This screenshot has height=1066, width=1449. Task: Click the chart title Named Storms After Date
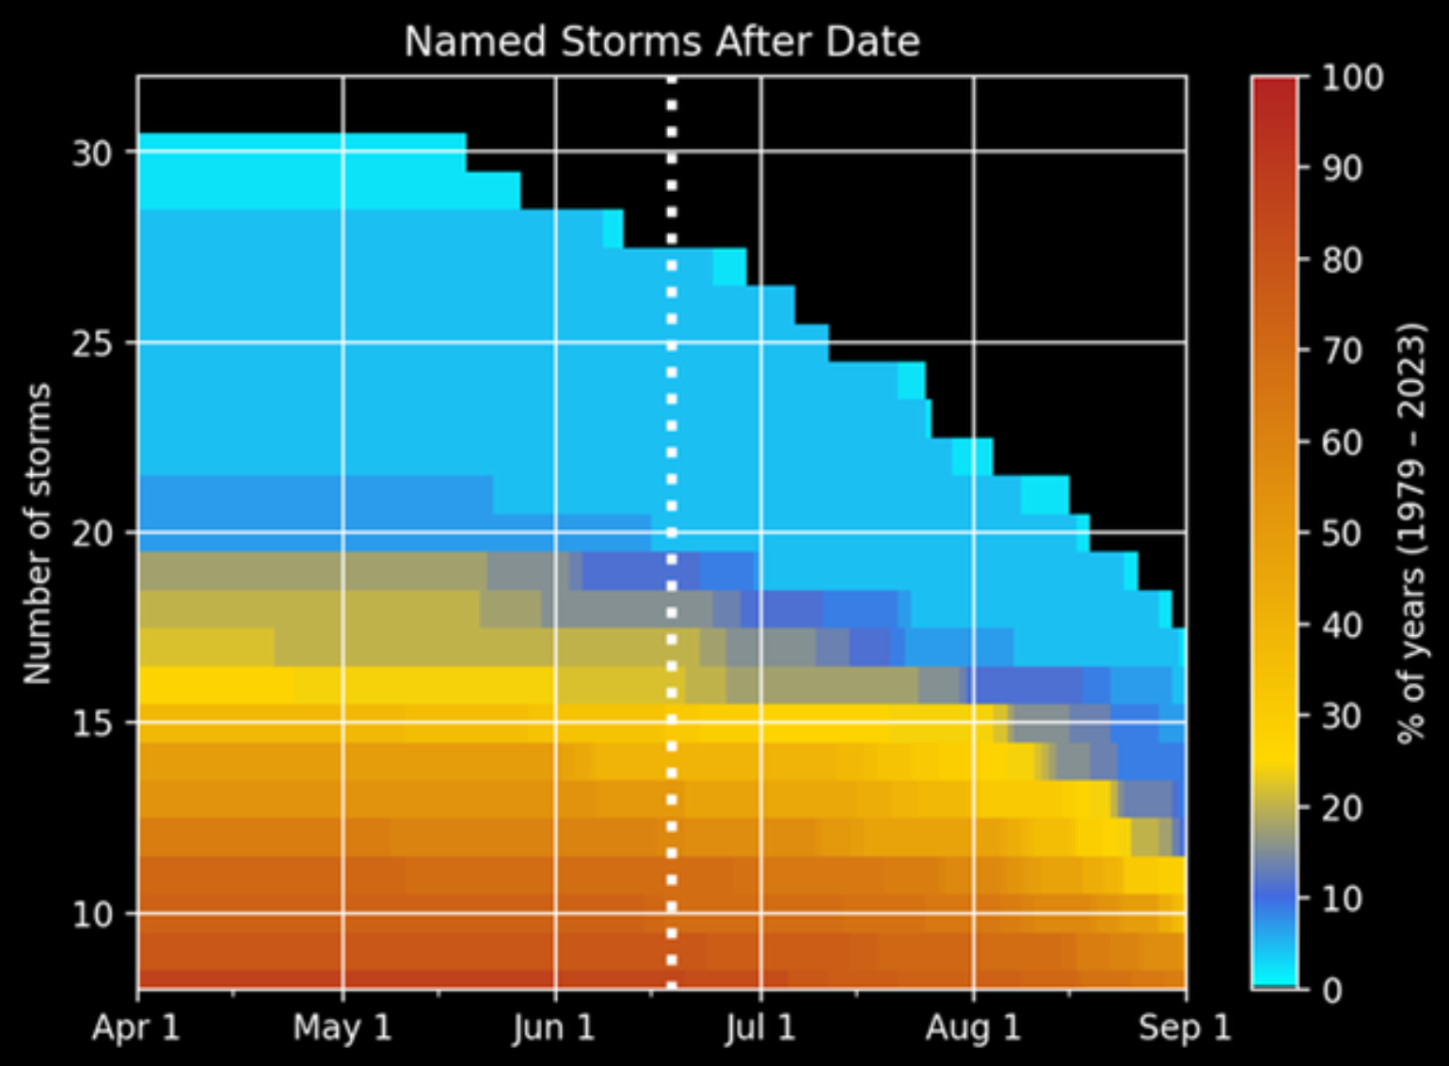click(661, 42)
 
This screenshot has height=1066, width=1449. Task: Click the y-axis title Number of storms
click(37, 533)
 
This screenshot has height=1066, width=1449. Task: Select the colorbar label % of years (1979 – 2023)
click(1410, 533)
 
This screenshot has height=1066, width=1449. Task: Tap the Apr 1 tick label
click(135, 1026)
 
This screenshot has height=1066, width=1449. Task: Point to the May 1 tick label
click(342, 1026)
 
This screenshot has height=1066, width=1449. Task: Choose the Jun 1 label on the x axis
click(554, 1026)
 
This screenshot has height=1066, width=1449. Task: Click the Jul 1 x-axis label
click(760, 1026)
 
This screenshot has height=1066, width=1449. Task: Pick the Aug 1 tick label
click(973, 1026)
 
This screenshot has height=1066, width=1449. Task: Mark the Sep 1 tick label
click(1185, 1026)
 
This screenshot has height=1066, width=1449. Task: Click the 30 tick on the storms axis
click(92, 152)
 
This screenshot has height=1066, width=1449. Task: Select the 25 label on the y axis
click(92, 343)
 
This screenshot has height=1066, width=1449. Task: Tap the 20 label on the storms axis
click(92, 533)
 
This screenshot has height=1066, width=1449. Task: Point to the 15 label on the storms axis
click(92, 724)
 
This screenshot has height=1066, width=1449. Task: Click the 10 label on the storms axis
click(92, 914)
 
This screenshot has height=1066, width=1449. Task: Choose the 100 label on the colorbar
click(1352, 77)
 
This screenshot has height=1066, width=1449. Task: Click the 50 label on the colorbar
click(1342, 533)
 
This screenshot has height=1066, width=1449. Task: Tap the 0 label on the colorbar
click(1332, 990)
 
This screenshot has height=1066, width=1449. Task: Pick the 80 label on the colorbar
click(1342, 260)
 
